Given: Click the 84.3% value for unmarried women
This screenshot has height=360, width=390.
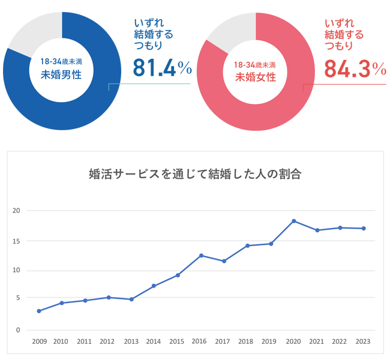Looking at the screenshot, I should click(355, 68).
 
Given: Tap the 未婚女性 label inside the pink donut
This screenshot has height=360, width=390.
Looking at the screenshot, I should click(255, 76).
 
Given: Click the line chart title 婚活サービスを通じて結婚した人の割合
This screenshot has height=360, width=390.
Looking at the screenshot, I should click(194, 174).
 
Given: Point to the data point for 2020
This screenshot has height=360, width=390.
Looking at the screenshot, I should click(293, 221).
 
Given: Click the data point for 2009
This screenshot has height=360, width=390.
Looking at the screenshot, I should click(39, 311).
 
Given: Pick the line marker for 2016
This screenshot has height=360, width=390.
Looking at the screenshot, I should click(201, 256).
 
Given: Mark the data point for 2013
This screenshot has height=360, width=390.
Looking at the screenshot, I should click(131, 299).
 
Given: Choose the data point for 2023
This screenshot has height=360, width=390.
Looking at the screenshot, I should click(364, 228).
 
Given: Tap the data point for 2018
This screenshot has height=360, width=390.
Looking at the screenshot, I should click(247, 245).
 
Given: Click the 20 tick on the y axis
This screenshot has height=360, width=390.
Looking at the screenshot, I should click(16, 211).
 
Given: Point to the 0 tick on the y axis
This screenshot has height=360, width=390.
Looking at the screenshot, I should click(18, 330).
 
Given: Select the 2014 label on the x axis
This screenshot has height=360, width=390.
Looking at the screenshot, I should click(154, 341).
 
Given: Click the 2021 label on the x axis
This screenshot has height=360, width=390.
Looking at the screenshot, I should click(316, 341).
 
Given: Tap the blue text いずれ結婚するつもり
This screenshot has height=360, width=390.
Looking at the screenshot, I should click(152, 34).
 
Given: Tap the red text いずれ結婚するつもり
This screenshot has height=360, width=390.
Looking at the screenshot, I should click(344, 34).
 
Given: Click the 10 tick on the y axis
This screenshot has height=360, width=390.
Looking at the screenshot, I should click(16, 270).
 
